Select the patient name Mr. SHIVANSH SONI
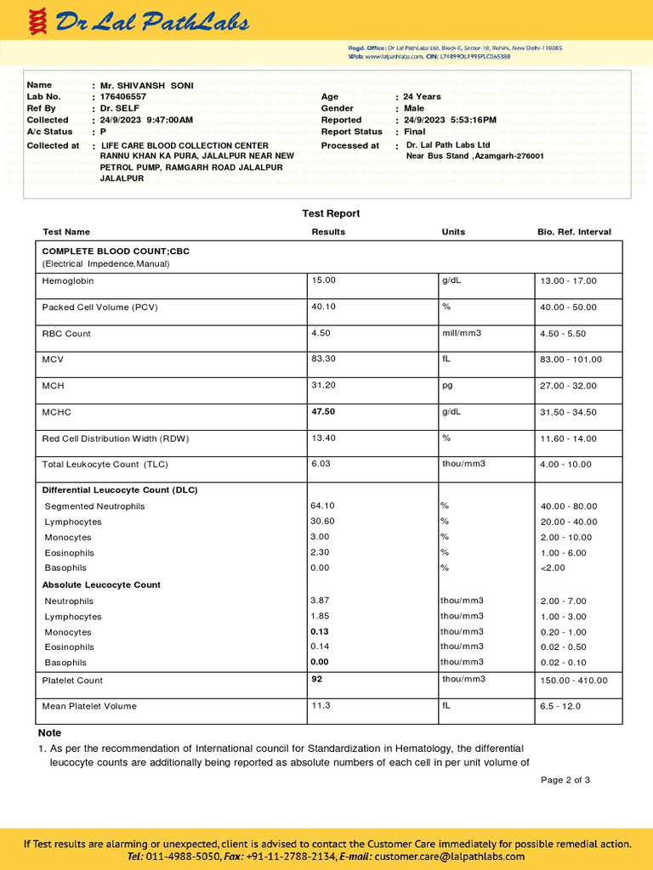click(x=146, y=86)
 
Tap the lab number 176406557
click(x=123, y=97)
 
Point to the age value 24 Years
click(x=422, y=97)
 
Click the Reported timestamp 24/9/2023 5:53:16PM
click(x=450, y=121)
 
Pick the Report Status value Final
click(x=414, y=133)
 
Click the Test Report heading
click(x=331, y=213)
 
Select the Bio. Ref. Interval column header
click(x=574, y=232)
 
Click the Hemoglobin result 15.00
click(x=324, y=280)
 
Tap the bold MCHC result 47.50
click(x=324, y=412)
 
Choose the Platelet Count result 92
click(x=319, y=680)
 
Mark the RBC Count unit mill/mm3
click(x=462, y=333)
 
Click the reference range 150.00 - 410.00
click(x=574, y=681)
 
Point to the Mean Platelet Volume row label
click(x=89, y=706)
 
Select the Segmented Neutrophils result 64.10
click(x=323, y=506)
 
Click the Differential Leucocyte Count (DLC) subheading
click(x=120, y=490)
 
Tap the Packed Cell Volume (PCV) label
click(x=99, y=308)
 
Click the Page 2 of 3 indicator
click(x=565, y=780)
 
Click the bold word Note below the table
click(x=49, y=732)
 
